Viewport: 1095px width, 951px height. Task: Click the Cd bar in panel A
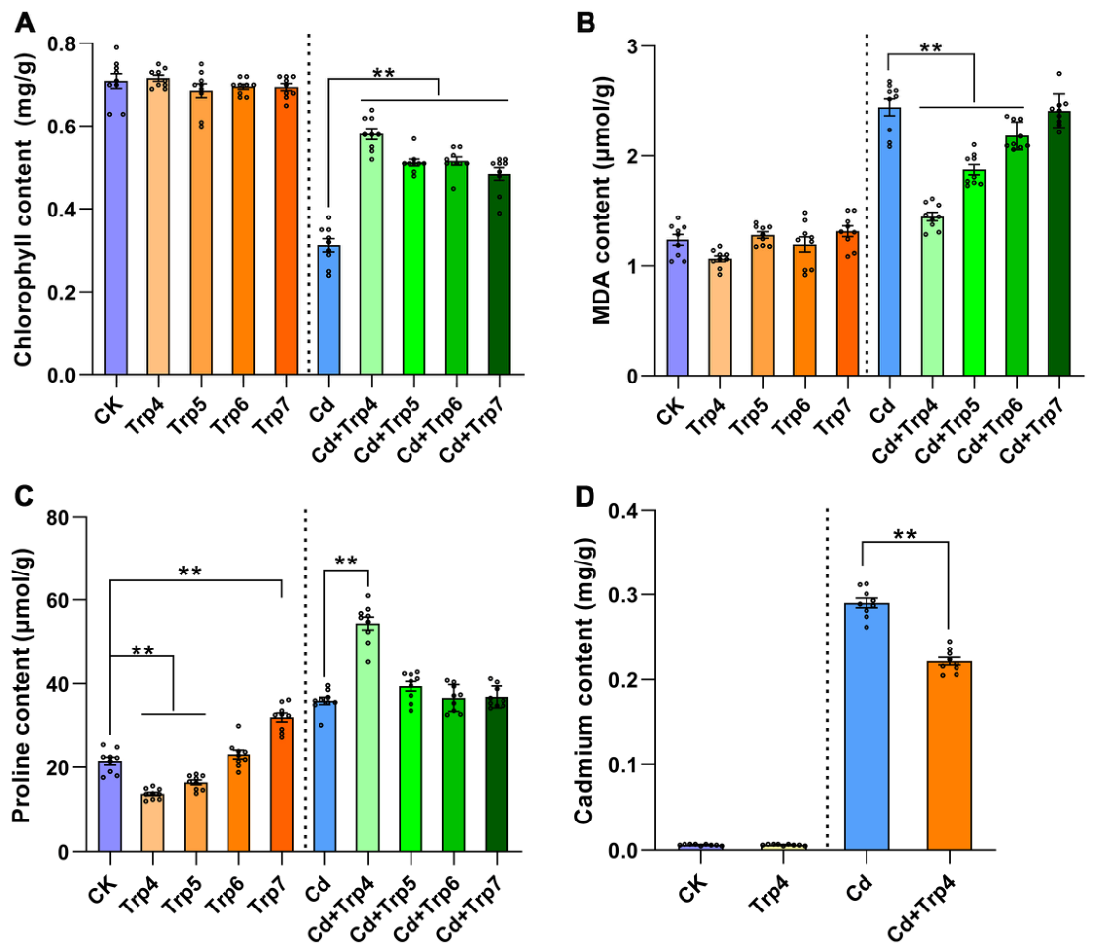(x=329, y=309)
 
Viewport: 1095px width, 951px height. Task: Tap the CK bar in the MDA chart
(x=677, y=307)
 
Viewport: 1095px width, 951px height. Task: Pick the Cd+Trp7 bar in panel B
(x=1058, y=243)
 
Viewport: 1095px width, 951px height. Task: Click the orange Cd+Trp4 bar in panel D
(x=949, y=755)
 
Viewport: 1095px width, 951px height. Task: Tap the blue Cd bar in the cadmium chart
(x=867, y=727)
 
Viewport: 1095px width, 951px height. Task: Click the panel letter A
(x=25, y=23)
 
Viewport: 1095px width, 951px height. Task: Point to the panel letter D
(x=584, y=497)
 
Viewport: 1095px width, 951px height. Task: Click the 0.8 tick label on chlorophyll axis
(x=63, y=43)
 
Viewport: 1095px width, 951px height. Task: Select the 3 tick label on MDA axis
(x=632, y=46)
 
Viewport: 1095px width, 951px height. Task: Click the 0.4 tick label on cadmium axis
(x=623, y=511)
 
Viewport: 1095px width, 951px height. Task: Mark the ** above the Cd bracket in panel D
(x=905, y=535)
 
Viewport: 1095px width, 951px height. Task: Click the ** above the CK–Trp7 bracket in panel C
(x=190, y=572)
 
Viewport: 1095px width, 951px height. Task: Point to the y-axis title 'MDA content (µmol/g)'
(x=602, y=201)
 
